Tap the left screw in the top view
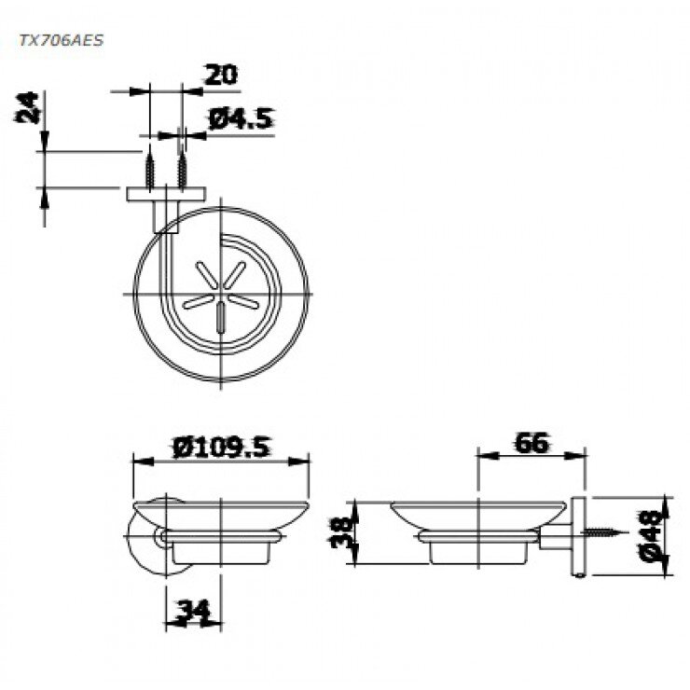pyautogui.click(x=148, y=170)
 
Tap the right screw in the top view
pyautogui.click(x=183, y=170)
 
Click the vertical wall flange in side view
pyautogui.click(x=580, y=539)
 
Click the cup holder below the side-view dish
pyautogui.click(x=477, y=551)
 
